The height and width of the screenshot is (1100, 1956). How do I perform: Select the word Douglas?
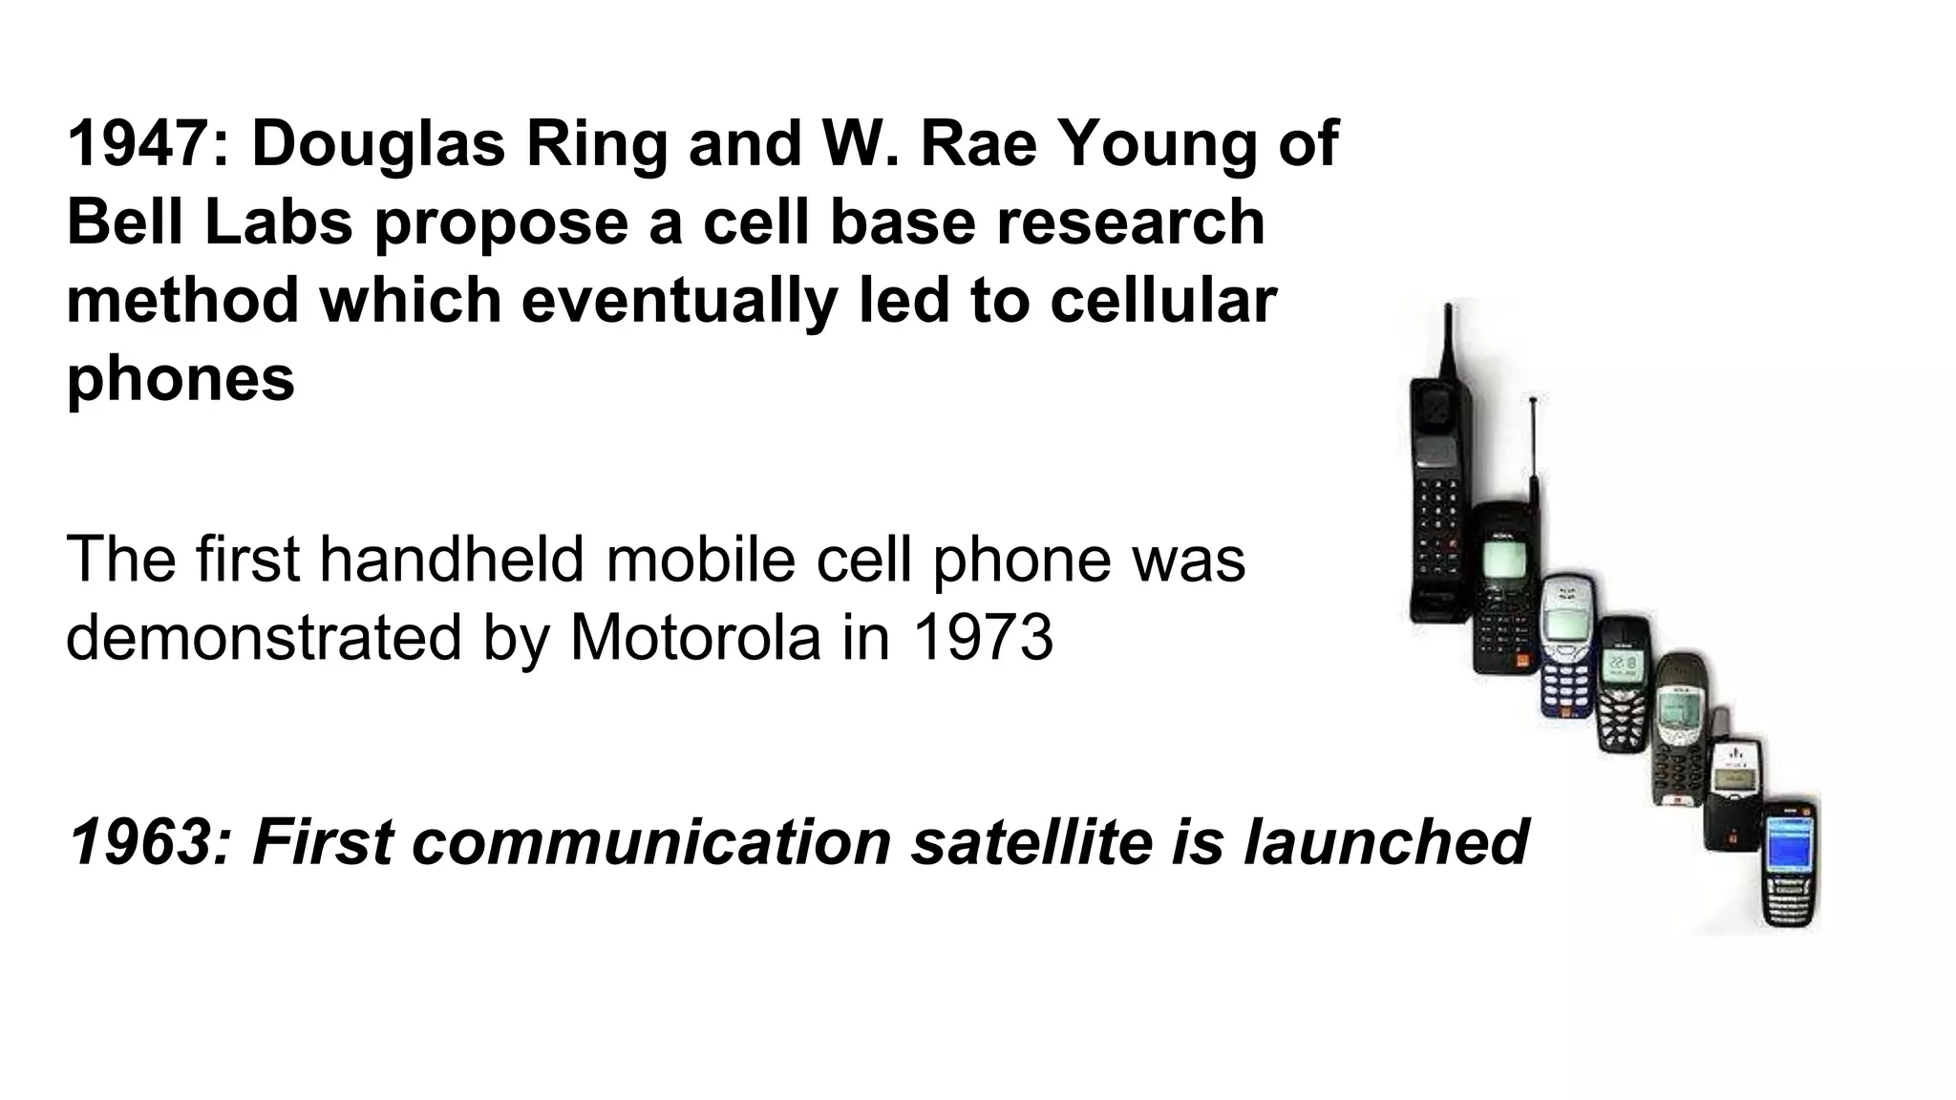coord(378,145)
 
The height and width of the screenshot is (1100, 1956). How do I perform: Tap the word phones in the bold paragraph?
coord(181,380)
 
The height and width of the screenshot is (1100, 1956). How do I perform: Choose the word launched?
coord(1387,842)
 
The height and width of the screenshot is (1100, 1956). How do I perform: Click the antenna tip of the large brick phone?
coord(1448,310)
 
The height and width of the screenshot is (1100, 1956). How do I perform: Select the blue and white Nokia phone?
coord(1566,645)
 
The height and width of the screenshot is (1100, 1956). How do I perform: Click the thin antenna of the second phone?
coord(1533,449)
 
